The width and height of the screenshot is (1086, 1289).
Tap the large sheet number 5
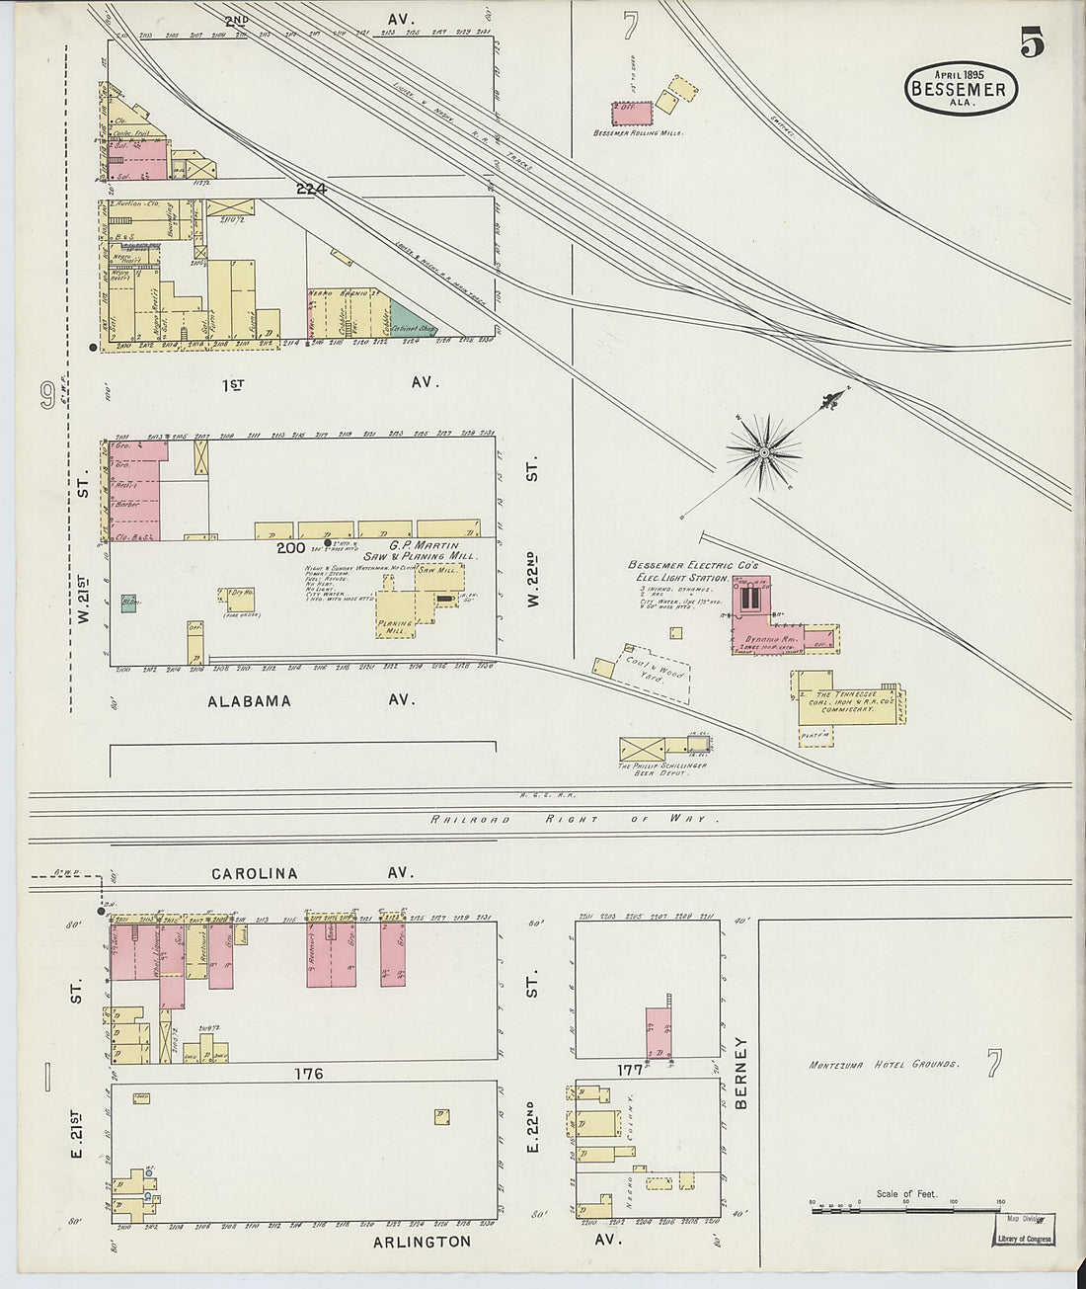(1033, 43)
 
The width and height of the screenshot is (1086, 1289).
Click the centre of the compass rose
(763, 452)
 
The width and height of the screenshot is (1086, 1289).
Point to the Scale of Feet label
(906, 1193)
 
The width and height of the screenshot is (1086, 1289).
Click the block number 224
(310, 188)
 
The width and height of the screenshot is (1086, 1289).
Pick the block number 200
(291, 547)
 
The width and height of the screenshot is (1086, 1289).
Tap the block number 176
(309, 1073)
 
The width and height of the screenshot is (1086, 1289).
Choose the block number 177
(629, 1069)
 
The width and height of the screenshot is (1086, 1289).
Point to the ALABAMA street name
(249, 700)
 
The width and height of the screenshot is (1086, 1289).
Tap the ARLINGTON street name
(422, 1241)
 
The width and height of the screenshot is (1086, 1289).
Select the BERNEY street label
(741, 1073)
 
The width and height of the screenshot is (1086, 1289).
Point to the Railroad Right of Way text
(573, 819)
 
